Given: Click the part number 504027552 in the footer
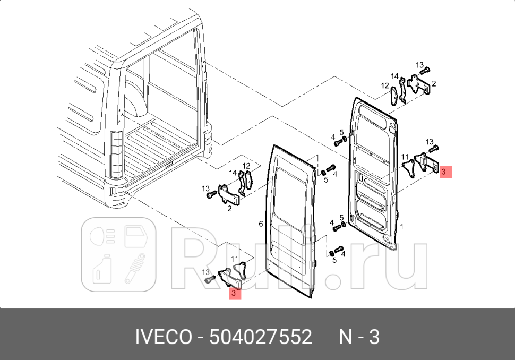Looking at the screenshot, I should [261, 337].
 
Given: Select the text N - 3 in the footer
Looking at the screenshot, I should [359, 337].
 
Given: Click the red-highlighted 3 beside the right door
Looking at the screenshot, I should [445, 172].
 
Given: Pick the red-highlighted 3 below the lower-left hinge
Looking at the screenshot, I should [235, 293].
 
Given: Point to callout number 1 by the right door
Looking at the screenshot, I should [402, 227].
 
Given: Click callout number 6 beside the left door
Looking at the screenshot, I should [261, 224].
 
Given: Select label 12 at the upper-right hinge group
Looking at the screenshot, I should [384, 85].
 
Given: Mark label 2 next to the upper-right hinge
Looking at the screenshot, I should [434, 84].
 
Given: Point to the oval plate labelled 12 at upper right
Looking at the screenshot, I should [393, 96].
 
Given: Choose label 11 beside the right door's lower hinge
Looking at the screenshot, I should [405, 157].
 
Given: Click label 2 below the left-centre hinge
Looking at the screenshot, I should [229, 209].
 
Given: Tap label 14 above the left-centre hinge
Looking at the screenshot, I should [233, 173].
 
